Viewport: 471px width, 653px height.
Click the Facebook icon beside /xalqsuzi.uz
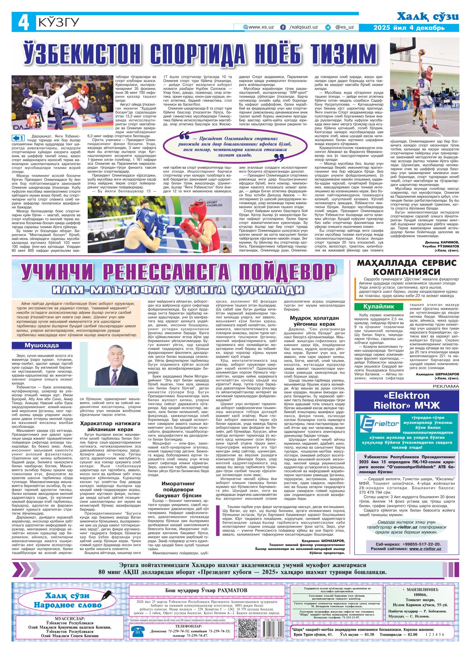(x=283, y=27)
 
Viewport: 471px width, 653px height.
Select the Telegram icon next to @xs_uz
(x=328, y=27)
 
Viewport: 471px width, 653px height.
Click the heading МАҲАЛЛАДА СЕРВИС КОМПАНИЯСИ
(x=407, y=266)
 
